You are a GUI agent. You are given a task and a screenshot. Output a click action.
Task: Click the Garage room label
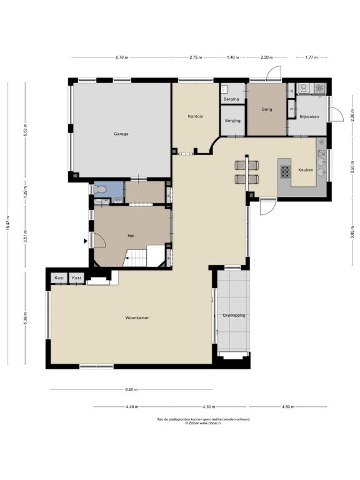(x=121, y=134)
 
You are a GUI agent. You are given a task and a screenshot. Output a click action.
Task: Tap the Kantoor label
(x=196, y=116)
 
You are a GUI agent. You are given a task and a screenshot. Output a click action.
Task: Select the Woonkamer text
(x=137, y=317)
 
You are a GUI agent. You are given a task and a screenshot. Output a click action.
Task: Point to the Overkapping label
(x=234, y=315)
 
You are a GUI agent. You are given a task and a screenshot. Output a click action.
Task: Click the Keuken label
(x=306, y=170)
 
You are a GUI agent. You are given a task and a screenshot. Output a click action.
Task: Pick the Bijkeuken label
(x=309, y=117)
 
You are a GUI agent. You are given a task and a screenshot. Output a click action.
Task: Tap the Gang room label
(x=267, y=109)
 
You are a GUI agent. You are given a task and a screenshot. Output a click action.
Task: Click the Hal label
(x=131, y=236)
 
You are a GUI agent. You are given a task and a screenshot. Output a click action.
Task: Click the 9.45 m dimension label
(x=131, y=390)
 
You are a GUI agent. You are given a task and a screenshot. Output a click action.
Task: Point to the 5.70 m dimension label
(x=122, y=57)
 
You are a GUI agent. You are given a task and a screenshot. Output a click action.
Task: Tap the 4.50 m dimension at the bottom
(x=287, y=407)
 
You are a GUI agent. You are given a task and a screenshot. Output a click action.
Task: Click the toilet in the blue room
(x=100, y=190)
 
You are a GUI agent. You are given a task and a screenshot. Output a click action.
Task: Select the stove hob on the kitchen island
(x=285, y=171)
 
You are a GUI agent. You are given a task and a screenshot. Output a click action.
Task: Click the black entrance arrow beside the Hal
(x=86, y=241)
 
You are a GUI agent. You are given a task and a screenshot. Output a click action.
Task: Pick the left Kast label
(x=59, y=278)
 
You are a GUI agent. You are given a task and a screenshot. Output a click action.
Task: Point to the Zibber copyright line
(x=203, y=423)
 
